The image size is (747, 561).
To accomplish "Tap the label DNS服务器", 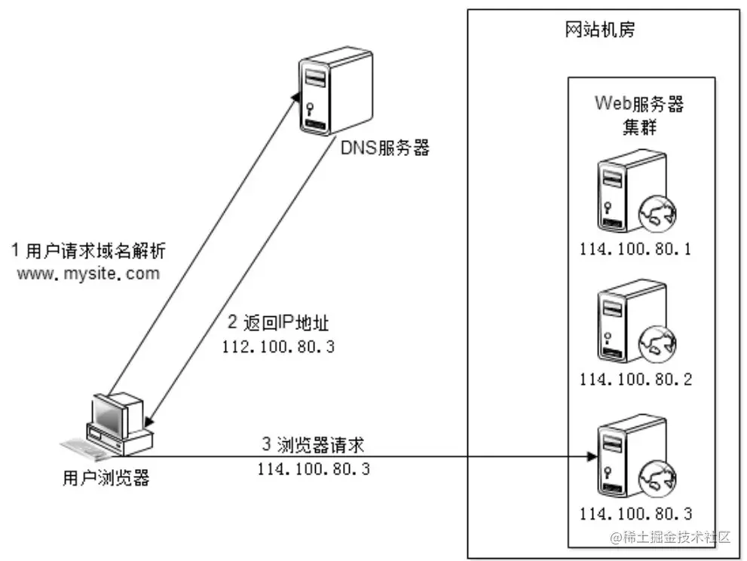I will tap(384, 148).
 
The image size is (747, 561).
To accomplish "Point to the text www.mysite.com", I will tap(90, 273).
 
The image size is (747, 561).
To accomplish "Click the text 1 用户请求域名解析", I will tap(93, 250).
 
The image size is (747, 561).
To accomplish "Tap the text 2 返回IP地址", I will tap(278, 324).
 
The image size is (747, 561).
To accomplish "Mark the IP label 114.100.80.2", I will tap(635, 379).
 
